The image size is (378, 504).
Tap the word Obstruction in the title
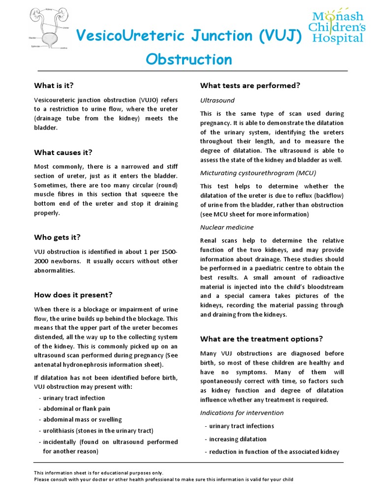(x=189, y=59)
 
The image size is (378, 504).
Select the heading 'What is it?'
(x=54, y=85)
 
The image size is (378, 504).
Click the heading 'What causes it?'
(x=63, y=152)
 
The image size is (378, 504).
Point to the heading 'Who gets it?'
(x=57, y=237)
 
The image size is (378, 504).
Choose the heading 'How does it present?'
(x=73, y=295)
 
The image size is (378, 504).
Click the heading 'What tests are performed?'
(x=250, y=85)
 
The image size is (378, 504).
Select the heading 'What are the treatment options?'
(x=261, y=339)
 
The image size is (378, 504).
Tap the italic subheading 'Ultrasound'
(x=217, y=100)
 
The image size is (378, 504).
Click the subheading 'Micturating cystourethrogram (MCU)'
(x=258, y=173)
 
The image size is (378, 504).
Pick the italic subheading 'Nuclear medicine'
(x=227, y=227)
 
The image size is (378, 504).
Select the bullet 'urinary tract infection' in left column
(x=74, y=398)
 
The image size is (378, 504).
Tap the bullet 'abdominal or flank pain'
(x=76, y=409)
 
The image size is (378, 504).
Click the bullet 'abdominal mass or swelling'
(x=82, y=419)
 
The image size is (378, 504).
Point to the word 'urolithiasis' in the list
(x=59, y=430)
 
